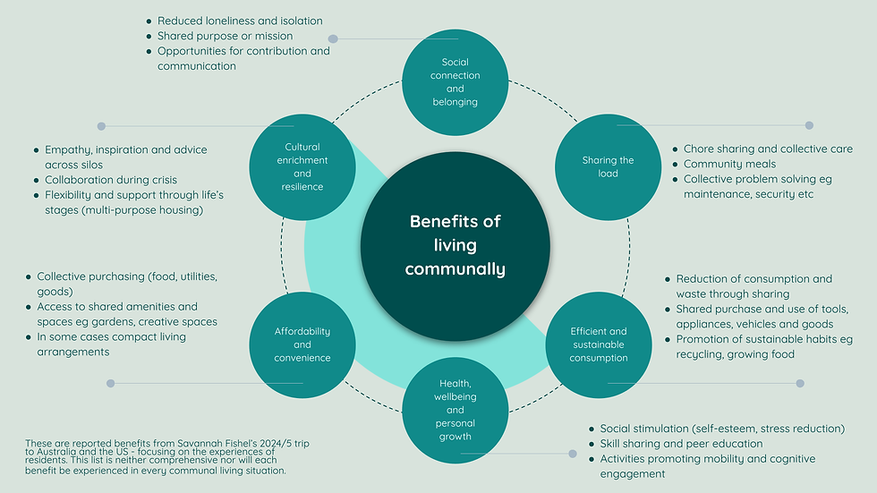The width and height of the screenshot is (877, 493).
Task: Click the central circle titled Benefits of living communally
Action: tap(455, 244)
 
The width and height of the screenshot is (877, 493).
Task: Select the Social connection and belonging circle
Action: tap(455, 81)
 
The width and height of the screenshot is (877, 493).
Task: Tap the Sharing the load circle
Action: tap(608, 167)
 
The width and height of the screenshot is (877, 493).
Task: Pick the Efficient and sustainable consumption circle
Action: tap(599, 344)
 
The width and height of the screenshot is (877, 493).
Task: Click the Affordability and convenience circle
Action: tap(302, 344)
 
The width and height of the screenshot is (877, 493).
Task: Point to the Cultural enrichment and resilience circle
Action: tap(302, 167)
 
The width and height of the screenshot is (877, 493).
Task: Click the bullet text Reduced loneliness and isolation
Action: tap(240, 21)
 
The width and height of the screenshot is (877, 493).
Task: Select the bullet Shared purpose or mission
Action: tap(225, 36)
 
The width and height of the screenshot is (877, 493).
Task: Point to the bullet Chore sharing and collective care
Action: tap(768, 149)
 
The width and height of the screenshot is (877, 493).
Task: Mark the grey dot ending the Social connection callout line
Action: tap(333, 38)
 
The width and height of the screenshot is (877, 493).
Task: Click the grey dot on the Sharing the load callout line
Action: tap(809, 125)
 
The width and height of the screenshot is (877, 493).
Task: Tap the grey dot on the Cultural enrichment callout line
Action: tap(101, 126)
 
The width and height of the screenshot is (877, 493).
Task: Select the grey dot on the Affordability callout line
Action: tap(110, 383)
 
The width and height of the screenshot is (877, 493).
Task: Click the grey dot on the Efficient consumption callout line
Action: tap(800, 383)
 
